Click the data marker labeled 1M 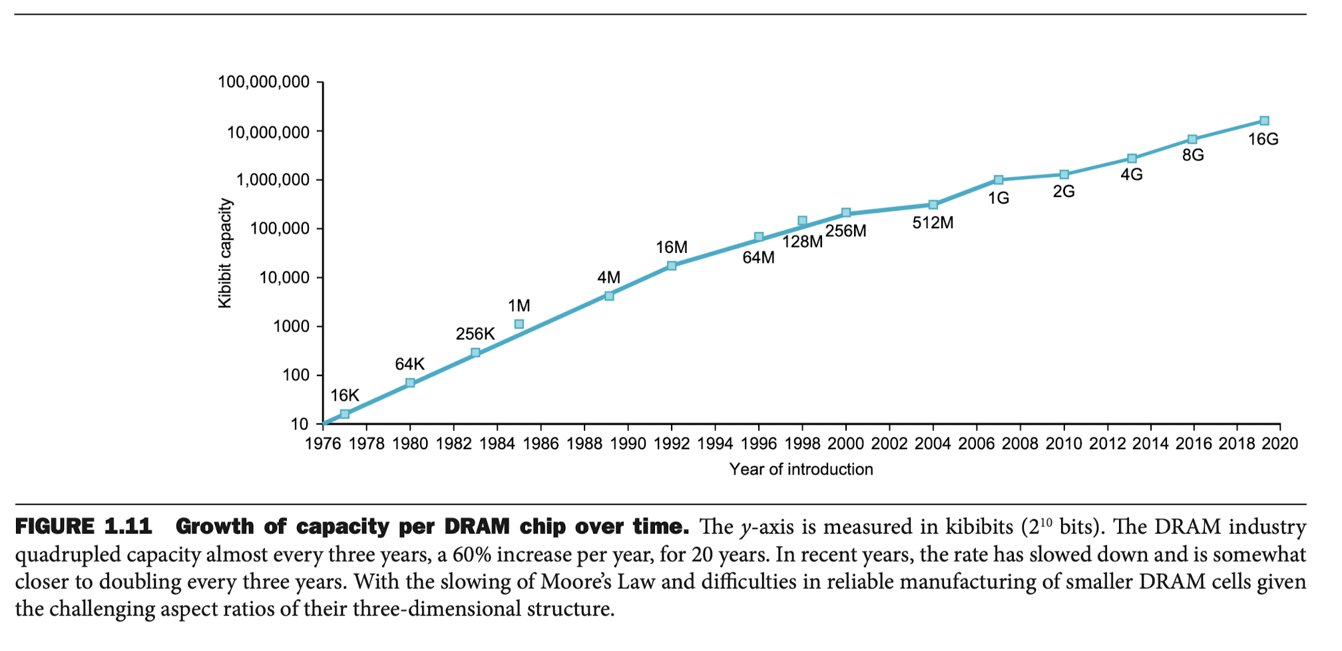point(519,324)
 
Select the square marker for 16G point(1264,121)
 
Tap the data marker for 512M point(933,205)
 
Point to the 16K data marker point(345,414)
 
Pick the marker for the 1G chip point(999,180)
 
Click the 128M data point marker point(802,220)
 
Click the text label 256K point(475,334)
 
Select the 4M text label point(608,278)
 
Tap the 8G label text point(1193,155)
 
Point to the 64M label point(759,258)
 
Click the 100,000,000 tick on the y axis point(264,83)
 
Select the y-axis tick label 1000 point(292,327)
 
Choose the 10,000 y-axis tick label point(284,278)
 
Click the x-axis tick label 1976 point(323,444)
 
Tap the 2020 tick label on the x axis point(1280,444)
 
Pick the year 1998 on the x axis point(802,444)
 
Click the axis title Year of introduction point(801,470)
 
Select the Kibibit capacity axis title point(225,253)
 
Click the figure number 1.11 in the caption point(128,527)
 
